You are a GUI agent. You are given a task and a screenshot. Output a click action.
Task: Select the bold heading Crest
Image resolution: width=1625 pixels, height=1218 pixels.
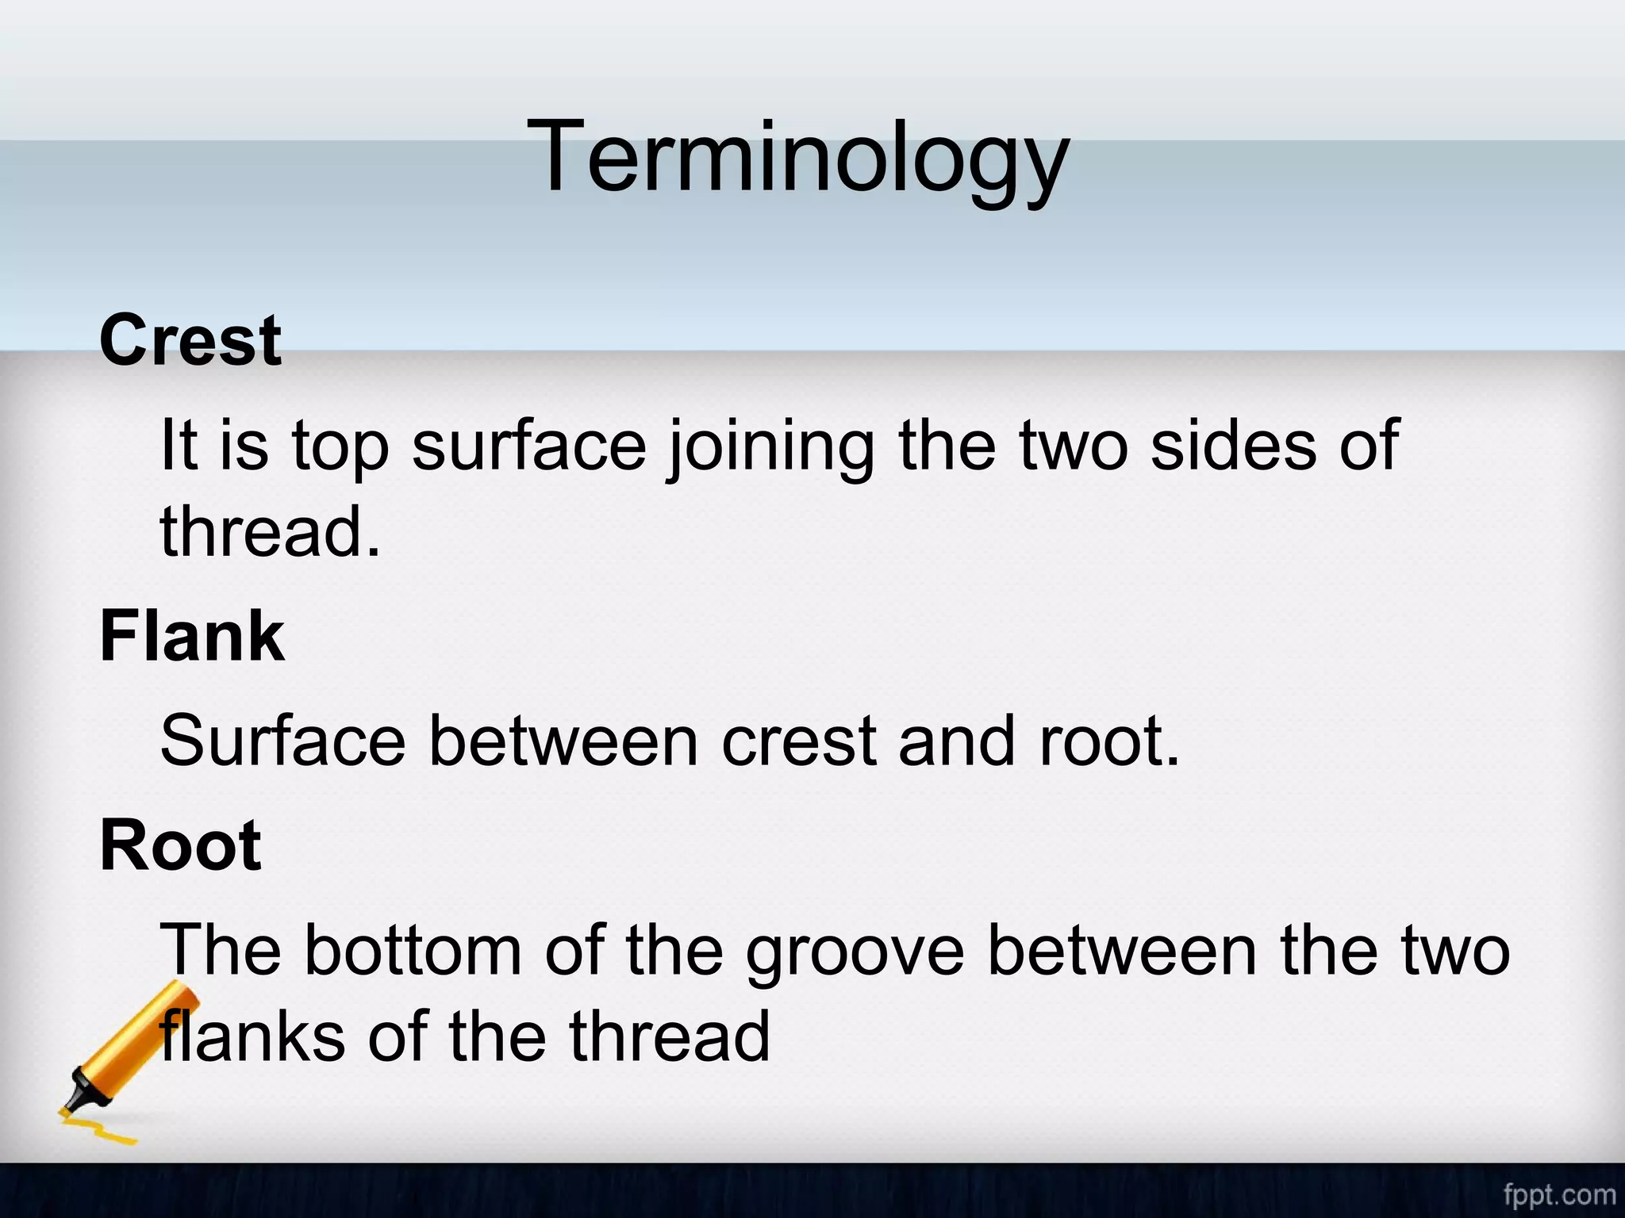[x=190, y=341]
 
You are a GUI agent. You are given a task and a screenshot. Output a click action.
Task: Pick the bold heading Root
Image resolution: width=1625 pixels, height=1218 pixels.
[x=180, y=846]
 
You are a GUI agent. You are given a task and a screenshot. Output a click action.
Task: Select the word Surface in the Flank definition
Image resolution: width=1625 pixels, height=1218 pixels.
[x=283, y=741]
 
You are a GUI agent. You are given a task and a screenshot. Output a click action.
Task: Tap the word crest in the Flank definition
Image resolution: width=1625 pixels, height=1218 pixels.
[x=798, y=741]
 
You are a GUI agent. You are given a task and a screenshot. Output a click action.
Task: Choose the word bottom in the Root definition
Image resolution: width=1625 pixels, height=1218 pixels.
[x=413, y=951]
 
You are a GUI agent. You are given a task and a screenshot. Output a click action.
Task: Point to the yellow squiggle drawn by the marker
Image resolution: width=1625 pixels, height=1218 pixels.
[x=99, y=1128]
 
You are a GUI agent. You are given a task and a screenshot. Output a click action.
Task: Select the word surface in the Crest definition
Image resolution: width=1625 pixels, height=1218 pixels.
[x=529, y=446]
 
